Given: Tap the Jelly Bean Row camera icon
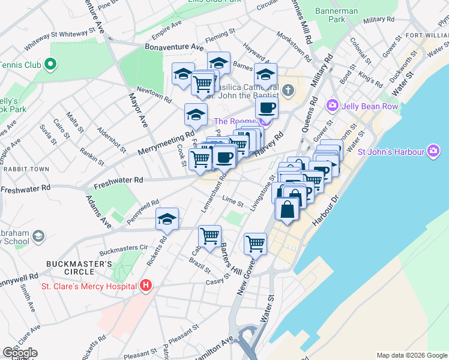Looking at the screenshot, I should pos(333,106).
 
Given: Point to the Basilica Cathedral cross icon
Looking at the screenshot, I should pos(289,91).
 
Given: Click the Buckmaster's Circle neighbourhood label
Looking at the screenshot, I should pos(80,268).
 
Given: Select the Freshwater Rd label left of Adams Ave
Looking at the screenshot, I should pos(26,189).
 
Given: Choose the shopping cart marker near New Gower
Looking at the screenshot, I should pos(255,243).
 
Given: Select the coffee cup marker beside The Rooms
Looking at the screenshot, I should pos(267,108).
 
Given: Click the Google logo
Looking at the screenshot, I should pos(20,353).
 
